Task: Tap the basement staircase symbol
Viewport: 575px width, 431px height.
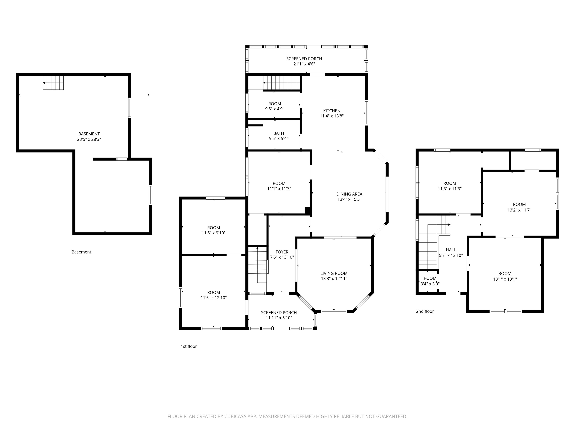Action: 53,83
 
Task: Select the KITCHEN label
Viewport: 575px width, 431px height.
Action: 332,111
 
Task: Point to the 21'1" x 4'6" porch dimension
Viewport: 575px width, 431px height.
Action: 304,64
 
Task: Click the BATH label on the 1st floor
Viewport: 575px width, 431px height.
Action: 279,133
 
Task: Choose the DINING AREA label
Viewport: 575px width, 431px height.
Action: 349,194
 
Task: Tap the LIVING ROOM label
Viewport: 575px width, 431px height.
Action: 334,273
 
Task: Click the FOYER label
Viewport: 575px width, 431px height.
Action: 282,252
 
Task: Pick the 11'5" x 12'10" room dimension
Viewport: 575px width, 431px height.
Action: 214,298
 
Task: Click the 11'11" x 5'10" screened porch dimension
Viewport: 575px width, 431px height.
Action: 279,318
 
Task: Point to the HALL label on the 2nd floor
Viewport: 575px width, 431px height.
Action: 451,250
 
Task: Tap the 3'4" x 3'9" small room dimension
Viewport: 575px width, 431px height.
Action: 430,284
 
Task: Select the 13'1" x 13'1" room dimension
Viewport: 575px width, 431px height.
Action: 505,279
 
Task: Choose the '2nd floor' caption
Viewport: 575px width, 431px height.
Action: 425,311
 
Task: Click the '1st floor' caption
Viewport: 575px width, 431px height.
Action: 189,346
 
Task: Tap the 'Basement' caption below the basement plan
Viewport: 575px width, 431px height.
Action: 81,252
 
